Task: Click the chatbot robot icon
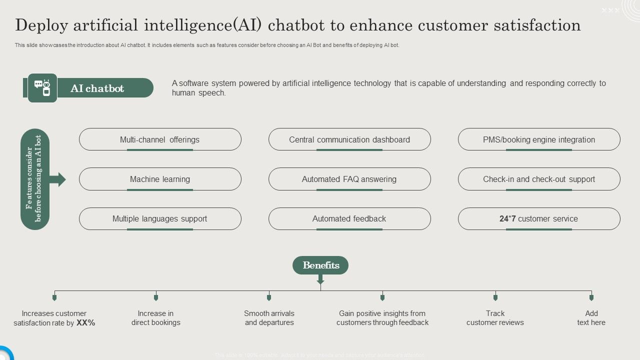coord(42,88)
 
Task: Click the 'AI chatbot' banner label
coord(97,88)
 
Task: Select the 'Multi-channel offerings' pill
coord(159,139)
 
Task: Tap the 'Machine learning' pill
coord(159,179)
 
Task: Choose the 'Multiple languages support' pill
coord(159,218)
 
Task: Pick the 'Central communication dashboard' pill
coord(349,139)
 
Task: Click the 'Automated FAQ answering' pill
coord(349,179)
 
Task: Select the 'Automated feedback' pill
coord(349,218)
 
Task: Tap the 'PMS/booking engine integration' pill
coord(538,139)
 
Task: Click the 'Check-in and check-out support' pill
coord(538,179)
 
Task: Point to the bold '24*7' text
coord(507,218)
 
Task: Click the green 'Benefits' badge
coord(320,265)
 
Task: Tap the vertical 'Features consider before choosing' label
coord(35,179)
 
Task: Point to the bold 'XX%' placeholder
coord(86,323)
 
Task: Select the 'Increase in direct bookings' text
coord(155,318)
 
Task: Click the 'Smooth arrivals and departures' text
coord(269,318)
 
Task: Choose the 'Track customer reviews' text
coord(495,318)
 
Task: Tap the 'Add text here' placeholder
coord(591,318)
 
